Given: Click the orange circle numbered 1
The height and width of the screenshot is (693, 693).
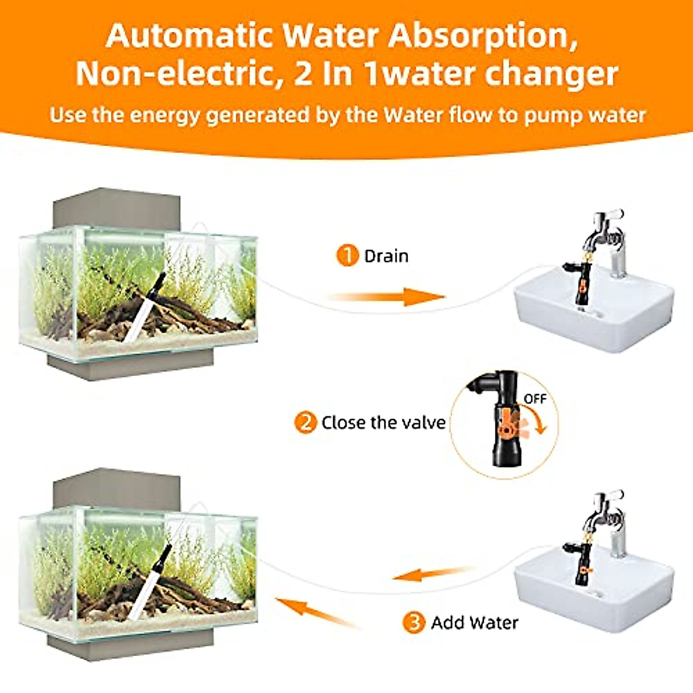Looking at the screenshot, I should coord(347,255).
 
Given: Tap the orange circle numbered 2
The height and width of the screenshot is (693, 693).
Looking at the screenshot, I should coord(305,422).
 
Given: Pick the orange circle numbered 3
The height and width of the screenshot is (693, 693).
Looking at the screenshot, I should coord(413,623).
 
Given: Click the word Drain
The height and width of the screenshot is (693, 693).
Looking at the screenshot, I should coord(386,256).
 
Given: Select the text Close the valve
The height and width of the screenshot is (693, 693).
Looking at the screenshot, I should coord(383,423).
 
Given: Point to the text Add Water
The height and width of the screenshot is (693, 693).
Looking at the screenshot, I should coord(474,623).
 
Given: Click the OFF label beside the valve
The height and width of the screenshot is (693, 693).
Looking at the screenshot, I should coord(534,399).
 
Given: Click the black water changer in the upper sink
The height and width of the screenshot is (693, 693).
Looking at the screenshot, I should coord(582,283).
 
